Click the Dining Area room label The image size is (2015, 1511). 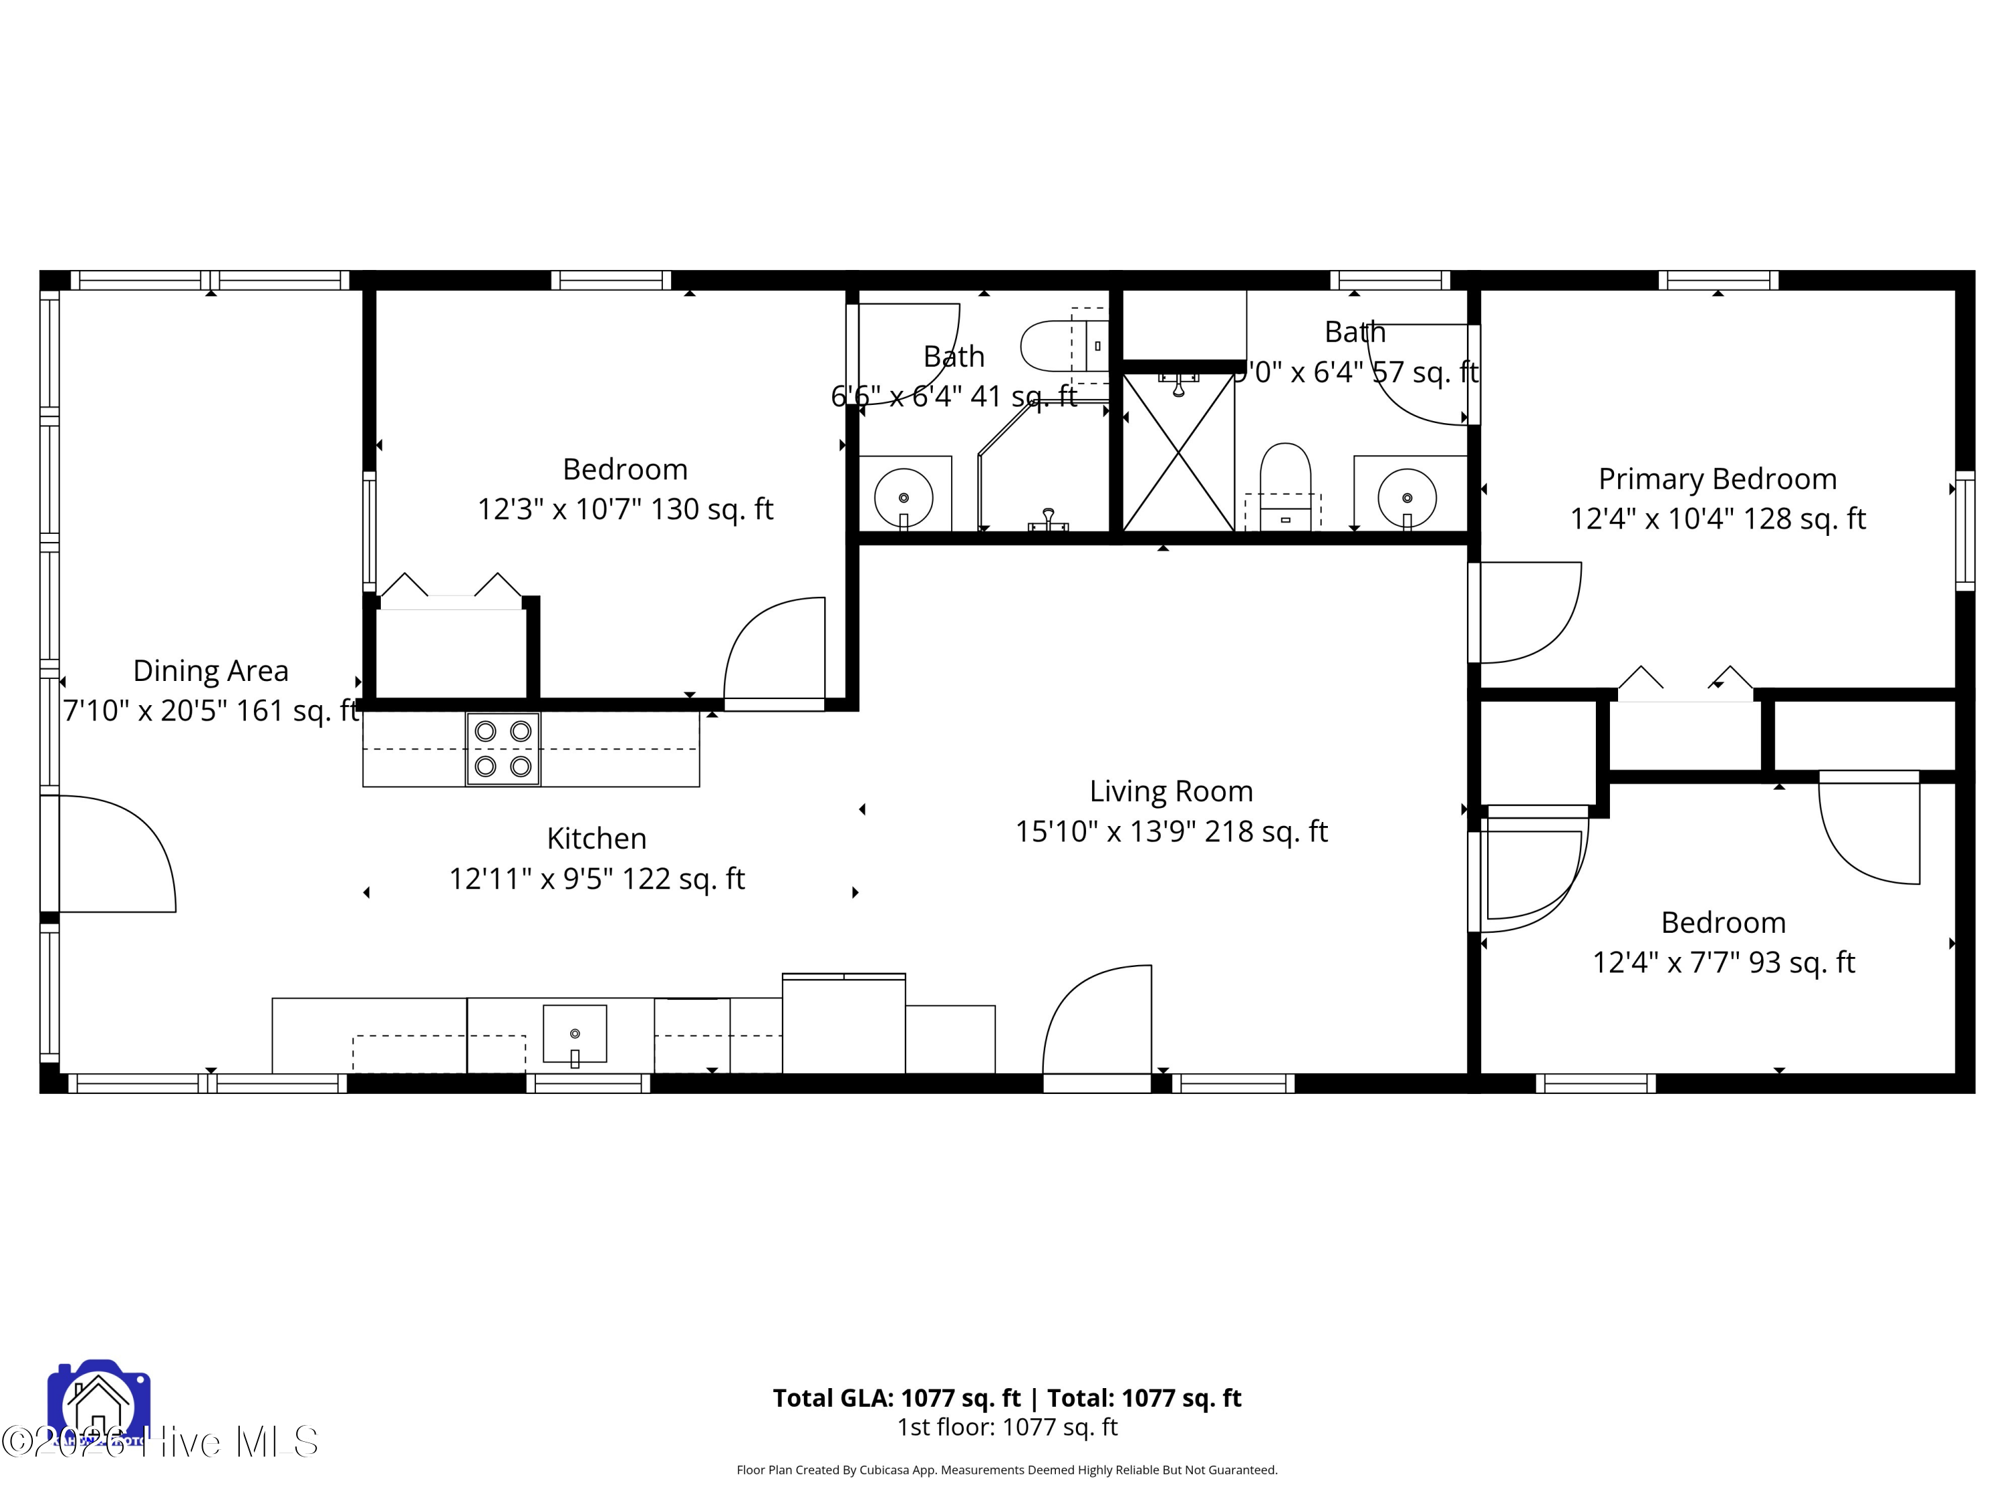pyautogui.click(x=210, y=672)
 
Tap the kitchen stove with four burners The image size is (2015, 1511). pyautogui.click(x=503, y=749)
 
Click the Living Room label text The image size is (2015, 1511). pyautogui.click(x=1171, y=792)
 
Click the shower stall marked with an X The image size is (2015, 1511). pyautogui.click(x=1178, y=452)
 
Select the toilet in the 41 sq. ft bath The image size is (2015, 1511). pyautogui.click(x=1061, y=346)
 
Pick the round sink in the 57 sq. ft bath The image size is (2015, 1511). pyautogui.click(x=1406, y=498)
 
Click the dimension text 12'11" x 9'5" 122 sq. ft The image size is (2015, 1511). pyautogui.click(x=596, y=879)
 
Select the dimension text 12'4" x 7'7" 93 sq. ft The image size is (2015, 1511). pyautogui.click(x=1723, y=963)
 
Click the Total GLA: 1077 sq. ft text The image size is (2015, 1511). pyautogui.click(x=897, y=1398)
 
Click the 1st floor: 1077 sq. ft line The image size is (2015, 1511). pyautogui.click(x=1007, y=1427)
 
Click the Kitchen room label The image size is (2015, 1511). pyautogui.click(x=596, y=839)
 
